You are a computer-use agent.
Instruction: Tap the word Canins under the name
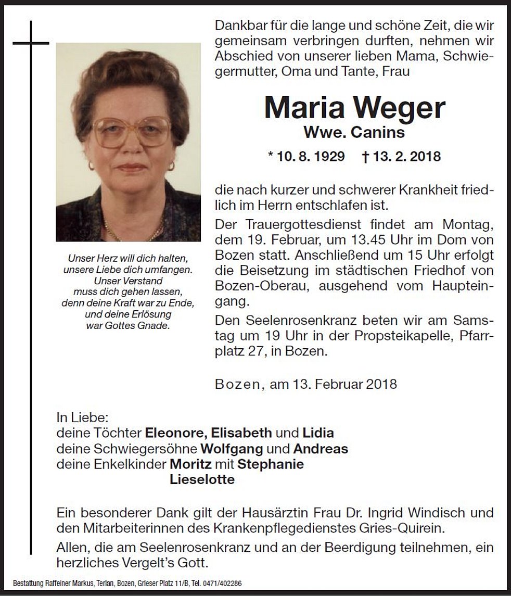(377, 133)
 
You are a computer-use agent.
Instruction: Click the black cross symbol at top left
(31, 43)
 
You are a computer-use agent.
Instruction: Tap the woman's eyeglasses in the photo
(131, 131)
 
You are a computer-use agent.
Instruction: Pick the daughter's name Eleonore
(175, 433)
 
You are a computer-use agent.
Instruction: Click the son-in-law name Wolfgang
(232, 449)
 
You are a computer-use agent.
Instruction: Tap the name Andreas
(321, 449)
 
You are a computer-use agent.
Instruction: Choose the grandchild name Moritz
(190, 464)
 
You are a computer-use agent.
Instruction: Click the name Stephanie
(270, 464)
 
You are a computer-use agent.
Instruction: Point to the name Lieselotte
(202, 480)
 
